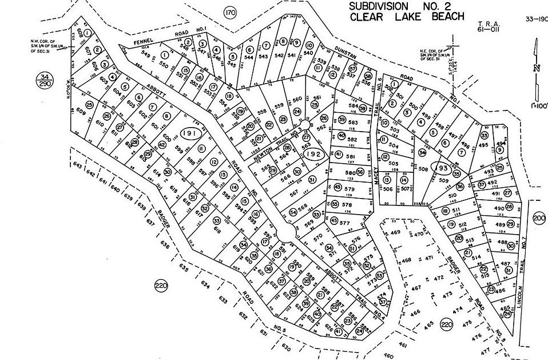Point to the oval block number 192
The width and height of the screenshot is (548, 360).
click(x=313, y=153)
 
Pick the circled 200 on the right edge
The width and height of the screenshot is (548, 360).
click(x=539, y=219)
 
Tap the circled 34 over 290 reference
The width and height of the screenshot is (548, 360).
click(x=43, y=80)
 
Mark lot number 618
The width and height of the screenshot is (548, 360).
click(x=217, y=230)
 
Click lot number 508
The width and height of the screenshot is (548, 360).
click(x=424, y=169)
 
